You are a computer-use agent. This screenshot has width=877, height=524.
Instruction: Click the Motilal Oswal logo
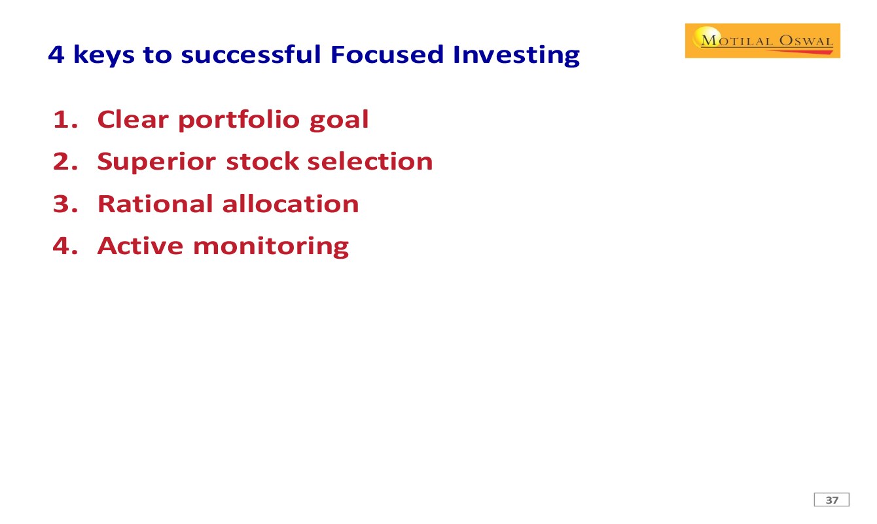coord(762,41)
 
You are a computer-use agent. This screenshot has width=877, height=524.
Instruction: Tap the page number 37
coord(832,500)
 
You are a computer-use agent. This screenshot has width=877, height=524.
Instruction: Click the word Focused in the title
coord(387,54)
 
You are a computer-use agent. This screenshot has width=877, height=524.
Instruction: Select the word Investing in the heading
coord(516,55)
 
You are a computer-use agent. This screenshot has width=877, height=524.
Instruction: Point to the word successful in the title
coord(251,54)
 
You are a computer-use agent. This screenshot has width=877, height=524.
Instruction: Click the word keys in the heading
coord(104,55)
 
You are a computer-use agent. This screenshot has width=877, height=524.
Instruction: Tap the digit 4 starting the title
coord(56,54)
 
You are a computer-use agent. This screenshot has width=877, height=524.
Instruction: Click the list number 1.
coord(65,119)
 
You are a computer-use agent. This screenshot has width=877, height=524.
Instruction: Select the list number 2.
coord(65,162)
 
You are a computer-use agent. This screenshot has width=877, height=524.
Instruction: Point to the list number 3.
coord(65,204)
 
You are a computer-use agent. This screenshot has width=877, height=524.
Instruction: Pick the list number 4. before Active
coord(65,246)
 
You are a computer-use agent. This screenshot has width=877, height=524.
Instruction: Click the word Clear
coord(133,119)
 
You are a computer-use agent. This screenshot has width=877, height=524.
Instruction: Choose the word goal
coord(339,121)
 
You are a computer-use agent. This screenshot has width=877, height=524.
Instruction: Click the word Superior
coord(156,162)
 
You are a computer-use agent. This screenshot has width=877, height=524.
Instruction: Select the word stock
coord(262,161)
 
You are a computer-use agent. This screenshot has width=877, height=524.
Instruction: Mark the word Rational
coord(155,204)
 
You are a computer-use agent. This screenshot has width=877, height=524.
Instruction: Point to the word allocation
coord(291,204)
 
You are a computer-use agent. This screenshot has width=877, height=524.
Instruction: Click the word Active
coord(140,246)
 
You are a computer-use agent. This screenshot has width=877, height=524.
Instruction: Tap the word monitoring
coord(271,247)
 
